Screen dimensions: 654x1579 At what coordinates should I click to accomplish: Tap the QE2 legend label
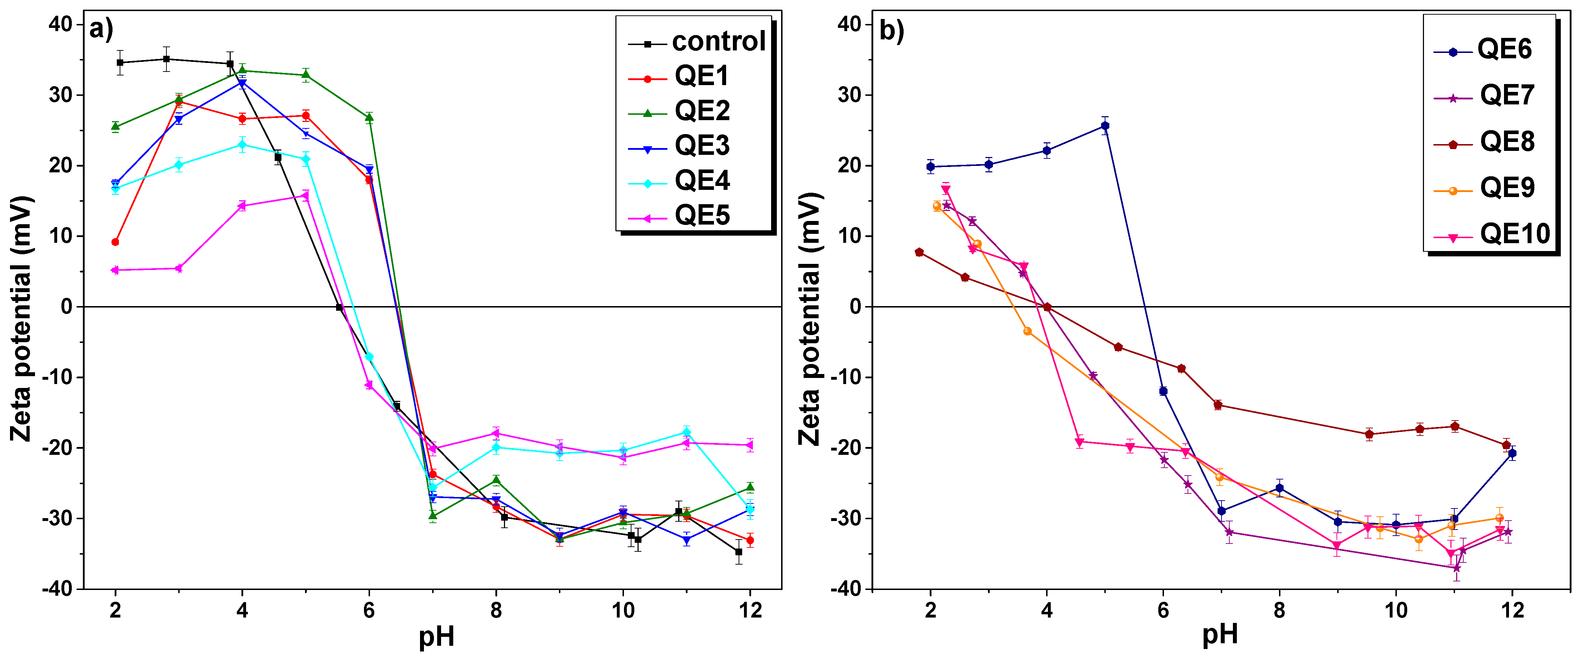click(702, 112)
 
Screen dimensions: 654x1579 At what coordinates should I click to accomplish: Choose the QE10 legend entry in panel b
click(1514, 234)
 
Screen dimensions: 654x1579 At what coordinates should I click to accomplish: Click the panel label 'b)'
click(891, 30)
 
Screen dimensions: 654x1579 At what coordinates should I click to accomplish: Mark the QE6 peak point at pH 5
click(1105, 126)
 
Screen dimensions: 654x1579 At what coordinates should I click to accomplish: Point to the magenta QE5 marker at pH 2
click(115, 270)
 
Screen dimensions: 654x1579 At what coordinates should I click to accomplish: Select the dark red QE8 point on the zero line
click(1047, 307)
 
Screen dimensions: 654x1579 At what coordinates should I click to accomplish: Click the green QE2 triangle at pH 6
click(369, 118)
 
